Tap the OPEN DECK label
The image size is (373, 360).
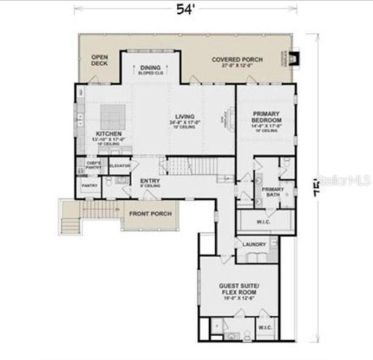point(99,60)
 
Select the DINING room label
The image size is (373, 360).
point(151,68)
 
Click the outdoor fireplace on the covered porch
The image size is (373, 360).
point(293,59)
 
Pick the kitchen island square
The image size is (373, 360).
point(112,115)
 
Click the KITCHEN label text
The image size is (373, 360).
point(109,133)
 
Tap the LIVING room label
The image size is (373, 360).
point(184,116)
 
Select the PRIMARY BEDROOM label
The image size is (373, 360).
point(267,117)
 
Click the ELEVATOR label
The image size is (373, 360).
point(120,166)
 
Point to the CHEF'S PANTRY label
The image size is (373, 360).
point(93,165)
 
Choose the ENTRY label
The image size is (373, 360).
point(149,181)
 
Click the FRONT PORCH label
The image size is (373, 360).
point(150,214)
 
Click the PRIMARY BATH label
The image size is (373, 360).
point(273,192)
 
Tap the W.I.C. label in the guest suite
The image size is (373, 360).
point(265,328)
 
